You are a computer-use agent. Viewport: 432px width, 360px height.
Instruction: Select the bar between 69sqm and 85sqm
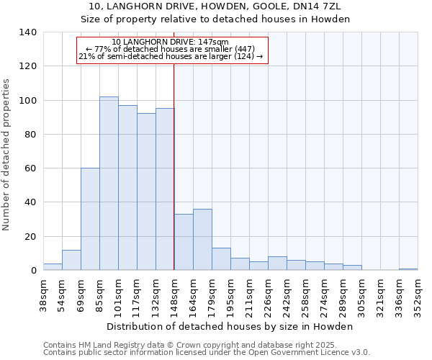coord(90,219)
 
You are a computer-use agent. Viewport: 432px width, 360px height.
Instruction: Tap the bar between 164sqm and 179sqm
coord(202,240)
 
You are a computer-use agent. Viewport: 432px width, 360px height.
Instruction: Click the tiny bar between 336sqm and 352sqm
coord(408,269)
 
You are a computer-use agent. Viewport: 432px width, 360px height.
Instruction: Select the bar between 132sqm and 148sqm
coord(165,189)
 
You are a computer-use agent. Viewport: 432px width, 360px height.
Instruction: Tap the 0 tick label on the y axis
coord(33,271)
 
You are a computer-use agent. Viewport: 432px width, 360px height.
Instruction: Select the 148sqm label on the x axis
coord(174,294)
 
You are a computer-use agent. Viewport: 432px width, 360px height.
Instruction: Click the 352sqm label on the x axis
coord(418,294)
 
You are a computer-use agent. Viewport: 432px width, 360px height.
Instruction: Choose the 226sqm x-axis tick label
coord(268,294)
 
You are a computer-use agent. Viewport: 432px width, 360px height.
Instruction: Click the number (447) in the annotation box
coord(242,49)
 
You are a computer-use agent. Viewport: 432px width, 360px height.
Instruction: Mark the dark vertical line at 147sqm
coord(174,166)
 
